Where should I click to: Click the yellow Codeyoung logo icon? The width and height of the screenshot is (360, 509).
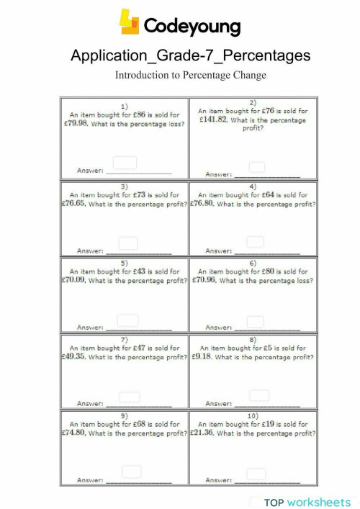click(130, 22)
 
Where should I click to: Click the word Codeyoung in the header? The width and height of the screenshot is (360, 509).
click(192, 27)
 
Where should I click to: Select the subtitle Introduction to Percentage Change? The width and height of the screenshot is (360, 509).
click(191, 75)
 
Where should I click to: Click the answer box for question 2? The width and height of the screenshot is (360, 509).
click(257, 167)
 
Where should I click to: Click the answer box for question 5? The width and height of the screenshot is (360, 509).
click(127, 320)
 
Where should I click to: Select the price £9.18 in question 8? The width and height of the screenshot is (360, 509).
click(202, 356)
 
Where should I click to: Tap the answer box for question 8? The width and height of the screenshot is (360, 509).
click(259, 395)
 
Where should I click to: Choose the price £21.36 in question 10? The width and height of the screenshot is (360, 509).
click(202, 433)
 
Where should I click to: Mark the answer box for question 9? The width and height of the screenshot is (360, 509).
click(131, 472)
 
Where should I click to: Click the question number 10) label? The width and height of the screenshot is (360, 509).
click(253, 416)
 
